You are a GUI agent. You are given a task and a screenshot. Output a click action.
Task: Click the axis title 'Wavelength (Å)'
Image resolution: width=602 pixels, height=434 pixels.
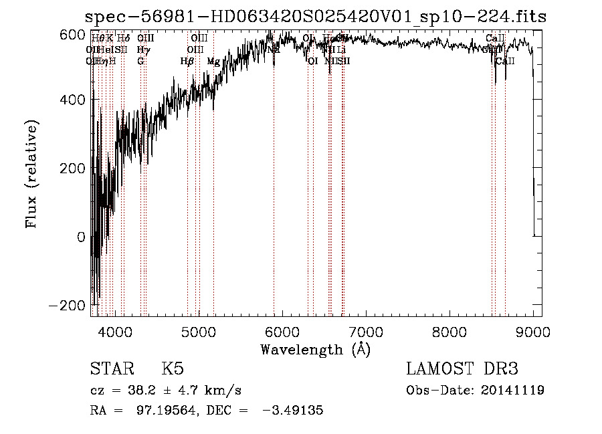pos(315,349)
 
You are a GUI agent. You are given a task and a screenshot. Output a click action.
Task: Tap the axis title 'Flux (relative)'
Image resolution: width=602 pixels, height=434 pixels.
pos(32,174)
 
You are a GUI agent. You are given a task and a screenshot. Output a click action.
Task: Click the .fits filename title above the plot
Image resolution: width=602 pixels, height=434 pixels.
pos(316,17)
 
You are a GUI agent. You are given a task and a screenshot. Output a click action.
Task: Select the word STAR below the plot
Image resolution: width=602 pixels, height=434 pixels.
pos(111,369)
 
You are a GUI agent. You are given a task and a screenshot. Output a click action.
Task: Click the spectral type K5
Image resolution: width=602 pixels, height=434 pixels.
pos(173,369)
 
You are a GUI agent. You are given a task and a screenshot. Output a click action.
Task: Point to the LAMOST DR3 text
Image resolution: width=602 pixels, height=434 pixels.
pos(462,369)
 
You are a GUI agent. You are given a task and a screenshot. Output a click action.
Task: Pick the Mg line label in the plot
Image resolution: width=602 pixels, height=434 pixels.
pos(213,62)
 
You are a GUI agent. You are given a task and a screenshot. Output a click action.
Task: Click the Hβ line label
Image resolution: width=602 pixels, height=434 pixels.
pos(187,62)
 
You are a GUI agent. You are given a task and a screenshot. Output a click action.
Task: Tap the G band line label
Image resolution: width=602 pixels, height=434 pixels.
pos(140,61)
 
